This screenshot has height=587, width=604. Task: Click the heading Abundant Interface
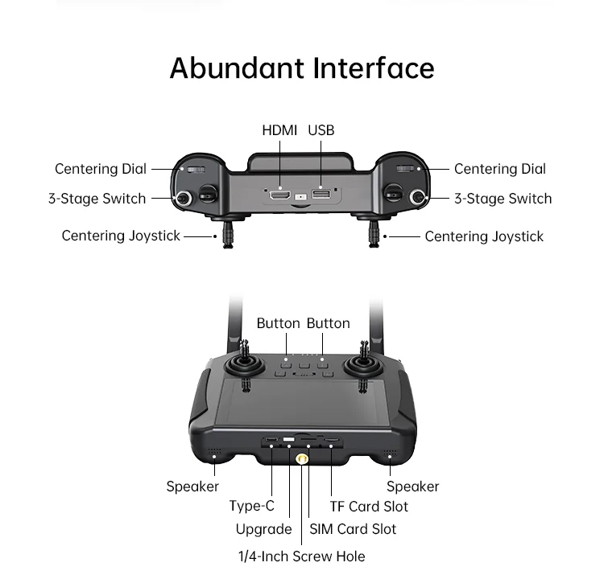point(302,68)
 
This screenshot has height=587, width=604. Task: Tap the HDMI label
point(279,130)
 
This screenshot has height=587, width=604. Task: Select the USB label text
point(321,130)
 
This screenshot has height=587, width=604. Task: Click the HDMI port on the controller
point(279,195)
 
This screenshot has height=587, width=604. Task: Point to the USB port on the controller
point(321,195)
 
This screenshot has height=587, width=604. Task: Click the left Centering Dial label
point(101,169)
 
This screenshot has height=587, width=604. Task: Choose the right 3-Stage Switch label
point(503,199)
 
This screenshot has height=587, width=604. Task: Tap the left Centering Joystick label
point(121,236)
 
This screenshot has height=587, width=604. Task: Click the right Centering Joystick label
point(484,236)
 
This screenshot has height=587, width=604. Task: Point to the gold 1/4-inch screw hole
point(302,459)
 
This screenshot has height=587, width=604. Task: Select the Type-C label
point(251,506)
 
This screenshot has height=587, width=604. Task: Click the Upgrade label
point(263,529)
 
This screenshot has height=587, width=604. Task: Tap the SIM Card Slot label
point(353,529)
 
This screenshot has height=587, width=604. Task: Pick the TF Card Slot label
point(369,507)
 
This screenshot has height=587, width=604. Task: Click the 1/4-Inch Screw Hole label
point(301,556)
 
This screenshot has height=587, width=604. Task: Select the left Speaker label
point(192,486)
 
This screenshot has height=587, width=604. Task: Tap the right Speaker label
point(413,486)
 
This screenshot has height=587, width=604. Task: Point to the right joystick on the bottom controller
point(363,366)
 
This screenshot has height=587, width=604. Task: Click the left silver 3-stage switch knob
point(184,198)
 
